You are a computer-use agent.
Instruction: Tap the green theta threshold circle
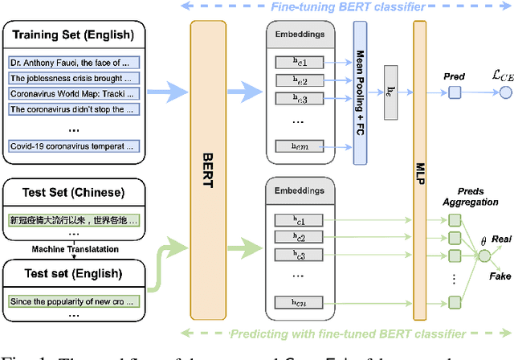click(483, 256)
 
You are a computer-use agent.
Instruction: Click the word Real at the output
click(503, 239)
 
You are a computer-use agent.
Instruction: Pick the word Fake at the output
click(501, 276)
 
